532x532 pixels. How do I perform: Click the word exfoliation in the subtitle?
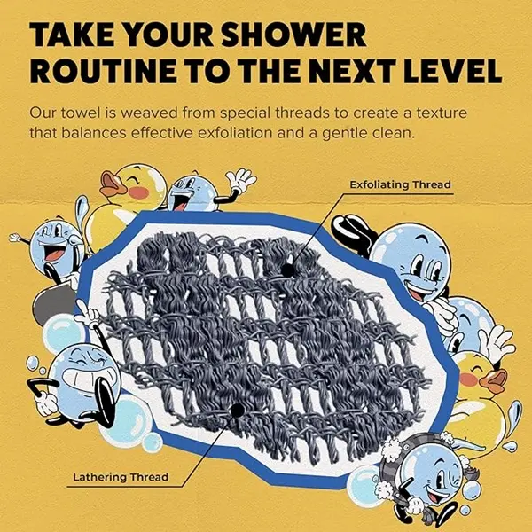pos(235,133)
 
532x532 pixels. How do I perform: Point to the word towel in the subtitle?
pos(81,113)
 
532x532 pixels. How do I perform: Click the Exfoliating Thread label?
pos(401,184)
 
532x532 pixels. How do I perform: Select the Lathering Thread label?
pos(121,477)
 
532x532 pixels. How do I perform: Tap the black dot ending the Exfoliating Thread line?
pos(287,270)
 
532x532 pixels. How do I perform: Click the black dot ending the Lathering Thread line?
pos(237,411)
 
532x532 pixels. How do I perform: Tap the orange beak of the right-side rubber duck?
pos(494,380)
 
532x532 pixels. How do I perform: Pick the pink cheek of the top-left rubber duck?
pos(139,192)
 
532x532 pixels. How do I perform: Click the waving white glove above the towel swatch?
pos(240,180)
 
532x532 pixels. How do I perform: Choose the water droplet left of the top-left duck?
pos(81,209)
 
